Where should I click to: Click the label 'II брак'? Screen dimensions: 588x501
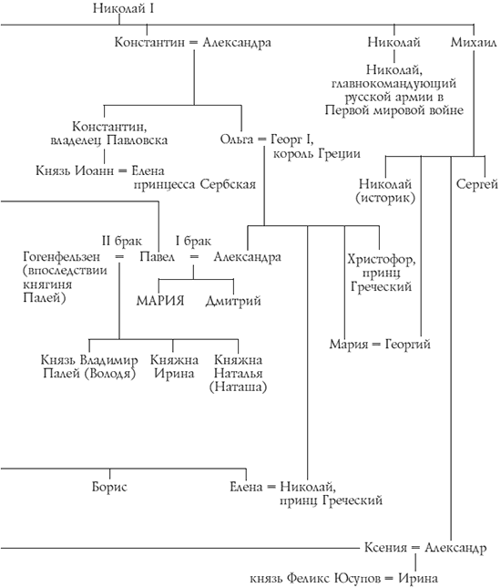point(118,240)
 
